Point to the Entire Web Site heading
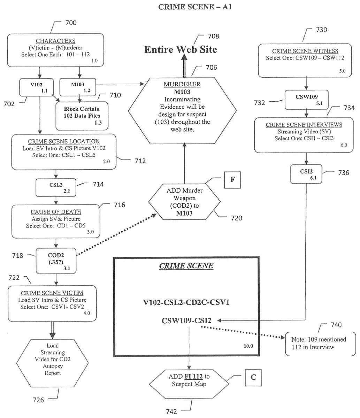(x=181, y=49)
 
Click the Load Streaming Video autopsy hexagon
(x=52, y=359)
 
